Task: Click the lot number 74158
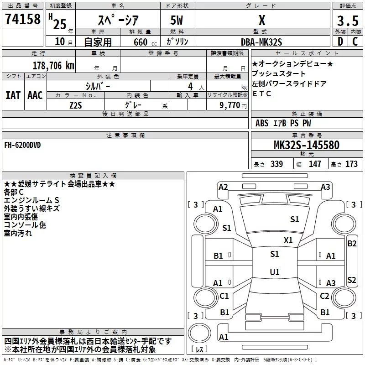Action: (22, 20)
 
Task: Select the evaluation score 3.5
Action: (347, 21)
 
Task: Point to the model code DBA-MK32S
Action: (262, 41)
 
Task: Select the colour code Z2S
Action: (75, 104)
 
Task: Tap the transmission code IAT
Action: (13, 95)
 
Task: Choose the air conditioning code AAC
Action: (35, 95)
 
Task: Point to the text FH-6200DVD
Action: (23, 145)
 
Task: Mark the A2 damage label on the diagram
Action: (223, 187)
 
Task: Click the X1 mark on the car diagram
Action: (288, 240)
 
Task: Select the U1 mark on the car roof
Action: (274, 272)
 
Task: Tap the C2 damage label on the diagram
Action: (324, 296)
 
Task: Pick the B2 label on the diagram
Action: (352, 244)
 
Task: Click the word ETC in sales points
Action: (262, 94)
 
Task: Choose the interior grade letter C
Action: (355, 42)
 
